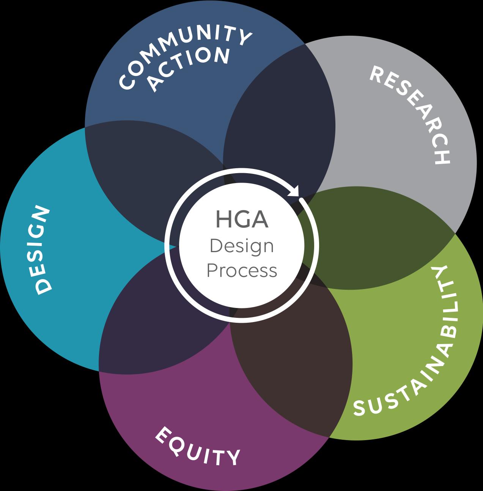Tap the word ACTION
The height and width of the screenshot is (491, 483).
(x=190, y=68)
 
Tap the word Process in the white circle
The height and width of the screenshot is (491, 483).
(x=242, y=271)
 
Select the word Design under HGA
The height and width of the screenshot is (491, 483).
(x=242, y=246)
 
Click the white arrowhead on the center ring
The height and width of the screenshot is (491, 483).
(x=294, y=191)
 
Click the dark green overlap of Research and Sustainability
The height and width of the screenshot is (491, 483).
(x=376, y=235)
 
